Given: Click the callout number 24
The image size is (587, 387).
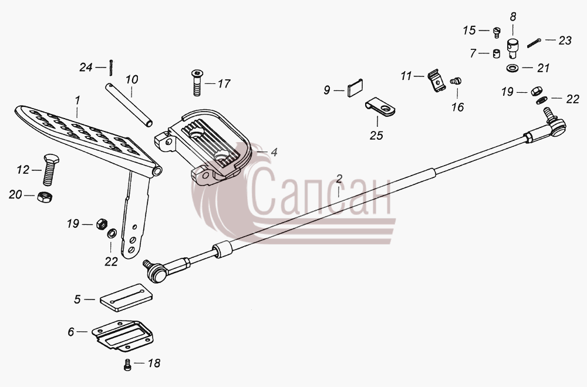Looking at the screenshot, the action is click(86, 68).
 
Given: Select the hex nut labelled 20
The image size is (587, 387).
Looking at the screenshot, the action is click(45, 196).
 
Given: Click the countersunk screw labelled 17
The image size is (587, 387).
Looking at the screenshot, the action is click(197, 83).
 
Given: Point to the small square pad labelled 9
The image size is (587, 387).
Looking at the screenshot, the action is click(356, 88).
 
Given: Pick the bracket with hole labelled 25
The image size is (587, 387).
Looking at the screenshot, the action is click(380, 106).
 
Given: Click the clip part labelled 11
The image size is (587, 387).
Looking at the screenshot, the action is click(436, 80).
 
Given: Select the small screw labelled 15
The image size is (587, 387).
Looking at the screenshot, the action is click(497, 32).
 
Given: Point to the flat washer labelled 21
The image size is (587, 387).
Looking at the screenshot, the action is click(512, 68).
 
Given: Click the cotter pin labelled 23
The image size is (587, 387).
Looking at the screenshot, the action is click(534, 43).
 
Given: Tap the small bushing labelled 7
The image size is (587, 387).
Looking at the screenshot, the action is click(497, 53).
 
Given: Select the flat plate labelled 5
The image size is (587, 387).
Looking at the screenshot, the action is click(126, 298).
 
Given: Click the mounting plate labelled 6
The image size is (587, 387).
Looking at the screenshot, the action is click(123, 335).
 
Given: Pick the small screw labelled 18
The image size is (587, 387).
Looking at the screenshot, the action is click(127, 365).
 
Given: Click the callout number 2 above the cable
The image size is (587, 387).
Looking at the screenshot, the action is click(339, 179).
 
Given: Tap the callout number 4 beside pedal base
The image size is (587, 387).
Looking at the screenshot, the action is click(274, 153).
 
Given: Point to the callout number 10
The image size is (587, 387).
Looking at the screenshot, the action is click(131, 79).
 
